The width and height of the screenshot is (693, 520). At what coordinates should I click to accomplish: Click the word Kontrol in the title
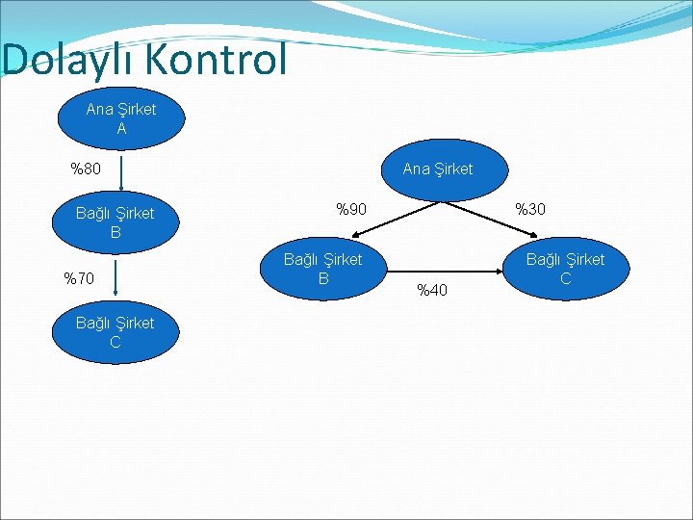tap(217, 60)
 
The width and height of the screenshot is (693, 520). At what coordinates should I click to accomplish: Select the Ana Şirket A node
tap(121, 118)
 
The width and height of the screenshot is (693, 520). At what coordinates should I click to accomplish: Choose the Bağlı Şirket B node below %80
tap(115, 222)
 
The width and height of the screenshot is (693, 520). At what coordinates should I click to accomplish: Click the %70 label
tap(79, 279)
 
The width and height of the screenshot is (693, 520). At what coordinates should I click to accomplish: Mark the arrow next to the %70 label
tap(115, 277)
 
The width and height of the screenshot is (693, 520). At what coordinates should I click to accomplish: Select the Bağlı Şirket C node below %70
tap(115, 332)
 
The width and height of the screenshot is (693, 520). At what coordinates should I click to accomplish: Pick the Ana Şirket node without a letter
tap(438, 170)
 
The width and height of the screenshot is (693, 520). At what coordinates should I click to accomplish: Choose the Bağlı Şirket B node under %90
tap(322, 269)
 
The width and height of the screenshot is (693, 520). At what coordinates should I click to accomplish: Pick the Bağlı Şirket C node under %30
tap(565, 269)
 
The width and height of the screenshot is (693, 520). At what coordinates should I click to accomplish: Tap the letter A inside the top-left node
tap(121, 128)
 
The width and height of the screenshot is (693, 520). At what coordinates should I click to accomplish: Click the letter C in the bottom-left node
tap(115, 342)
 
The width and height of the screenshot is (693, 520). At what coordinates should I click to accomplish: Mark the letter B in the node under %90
tap(323, 278)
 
